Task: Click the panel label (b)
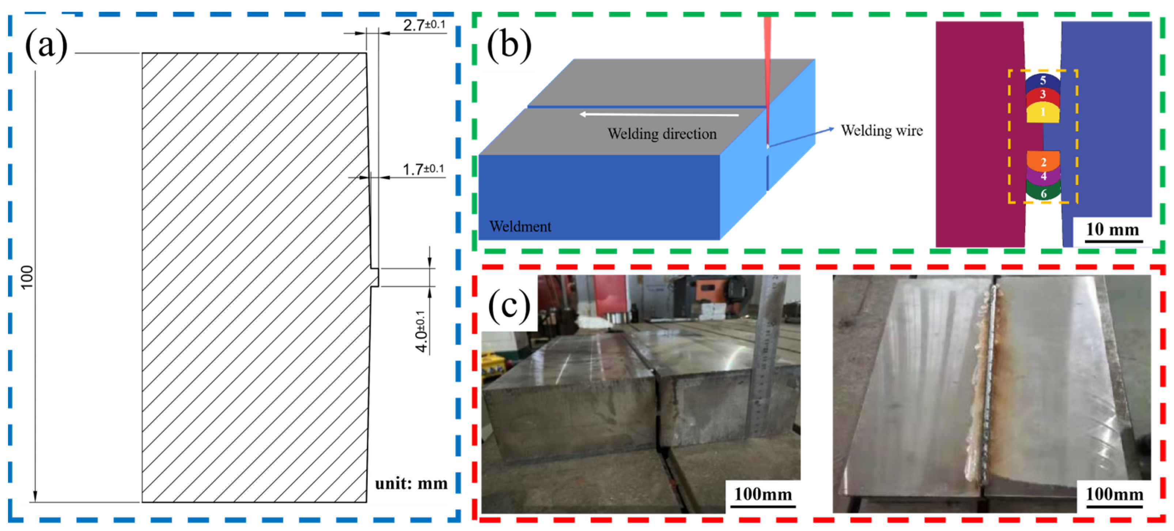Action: [x=509, y=46]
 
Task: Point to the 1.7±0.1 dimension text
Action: [x=423, y=169]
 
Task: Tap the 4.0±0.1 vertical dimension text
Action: [x=421, y=331]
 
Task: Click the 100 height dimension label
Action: [x=27, y=277]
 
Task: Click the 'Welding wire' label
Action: [x=881, y=131]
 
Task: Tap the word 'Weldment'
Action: [x=520, y=226]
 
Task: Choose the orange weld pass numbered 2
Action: [x=1043, y=161]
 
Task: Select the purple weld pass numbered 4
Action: [x=1043, y=176]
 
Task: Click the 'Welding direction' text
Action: [x=662, y=134]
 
